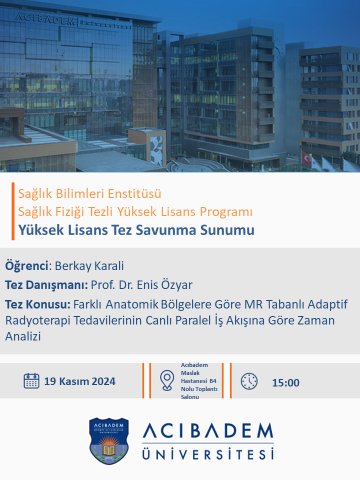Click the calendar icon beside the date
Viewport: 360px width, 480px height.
click(x=31, y=381)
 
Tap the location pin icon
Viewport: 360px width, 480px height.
click(x=167, y=380)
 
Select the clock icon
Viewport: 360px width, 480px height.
click(x=249, y=381)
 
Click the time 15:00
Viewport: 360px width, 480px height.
click(x=285, y=382)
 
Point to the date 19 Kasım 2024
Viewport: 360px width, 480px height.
click(x=79, y=381)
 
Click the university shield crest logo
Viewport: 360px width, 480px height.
click(x=108, y=441)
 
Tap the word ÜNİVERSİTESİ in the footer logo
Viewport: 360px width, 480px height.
click(x=208, y=453)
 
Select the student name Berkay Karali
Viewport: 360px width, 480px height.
click(x=89, y=266)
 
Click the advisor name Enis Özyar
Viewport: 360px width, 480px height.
click(x=164, y=285)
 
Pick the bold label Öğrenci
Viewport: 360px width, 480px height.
click(x=26, y=266)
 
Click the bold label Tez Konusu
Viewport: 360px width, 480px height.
click(x=37, y=304)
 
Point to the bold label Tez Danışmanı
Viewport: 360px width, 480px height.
click(x=46, y=285)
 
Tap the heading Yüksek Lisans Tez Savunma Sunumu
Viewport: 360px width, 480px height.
click(x=136, y=230)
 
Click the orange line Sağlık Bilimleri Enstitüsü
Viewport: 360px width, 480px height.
click(x=89, y=194)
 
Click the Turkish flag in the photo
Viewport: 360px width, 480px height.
click(x=306, y=157)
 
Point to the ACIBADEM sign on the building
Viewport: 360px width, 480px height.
click(x=45, y=18)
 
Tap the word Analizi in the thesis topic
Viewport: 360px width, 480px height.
click(x=23, y=336)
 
